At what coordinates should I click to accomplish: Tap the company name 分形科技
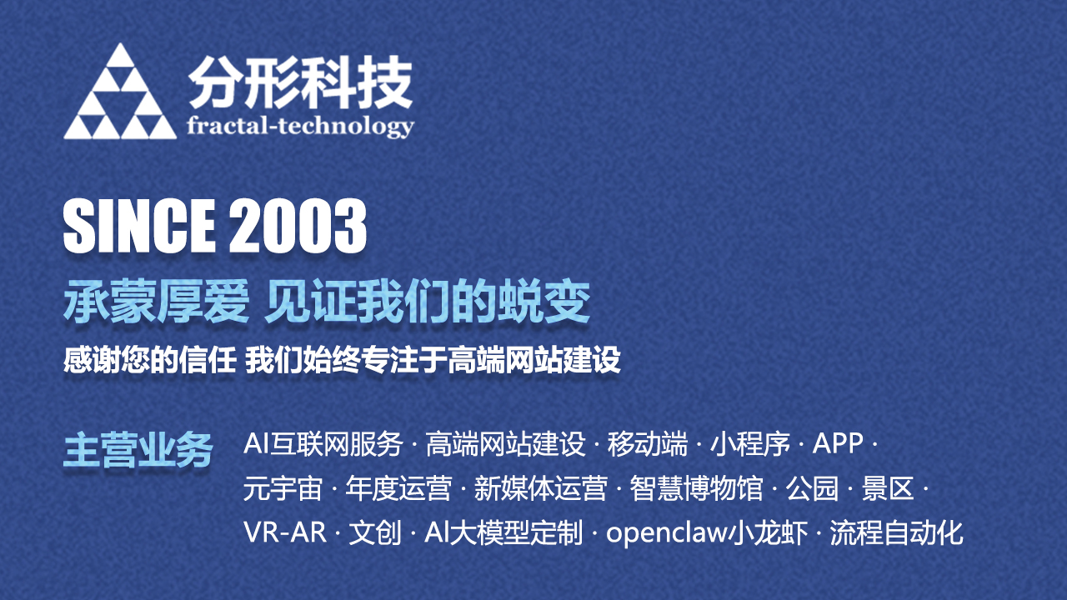301,82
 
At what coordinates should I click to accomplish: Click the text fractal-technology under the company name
301,127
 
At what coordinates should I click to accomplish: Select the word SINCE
139,226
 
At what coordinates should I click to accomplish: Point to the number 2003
298,226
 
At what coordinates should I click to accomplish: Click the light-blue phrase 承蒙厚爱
157,302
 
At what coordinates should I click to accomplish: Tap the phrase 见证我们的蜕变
428,302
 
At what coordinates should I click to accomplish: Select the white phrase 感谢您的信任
150,360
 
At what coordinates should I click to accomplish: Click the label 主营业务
138,449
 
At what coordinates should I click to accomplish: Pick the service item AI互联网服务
323,444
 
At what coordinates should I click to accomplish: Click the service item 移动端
648,444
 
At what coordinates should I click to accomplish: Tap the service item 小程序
750,444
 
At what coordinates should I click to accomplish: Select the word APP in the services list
838,444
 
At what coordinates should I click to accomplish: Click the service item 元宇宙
283,488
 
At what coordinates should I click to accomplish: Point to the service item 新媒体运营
541,488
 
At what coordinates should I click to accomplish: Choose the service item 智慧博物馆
696,488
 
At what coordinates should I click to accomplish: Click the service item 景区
888,488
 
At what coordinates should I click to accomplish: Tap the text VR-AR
285,532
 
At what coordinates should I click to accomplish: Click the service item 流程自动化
896,532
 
